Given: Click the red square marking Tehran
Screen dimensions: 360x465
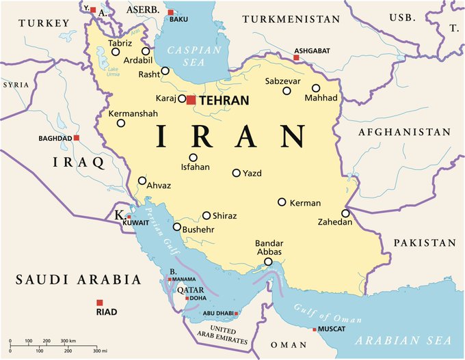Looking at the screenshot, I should tap(191, 100).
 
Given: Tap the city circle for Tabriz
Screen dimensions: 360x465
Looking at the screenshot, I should tap(116, 51).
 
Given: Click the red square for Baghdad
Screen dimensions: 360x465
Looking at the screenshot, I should tap(77, 138).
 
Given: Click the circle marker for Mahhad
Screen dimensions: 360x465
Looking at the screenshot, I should tap(316, 88).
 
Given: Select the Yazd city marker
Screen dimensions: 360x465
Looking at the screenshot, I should tap(237, 173).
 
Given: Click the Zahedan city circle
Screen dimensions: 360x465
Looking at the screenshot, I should tap(346, 213).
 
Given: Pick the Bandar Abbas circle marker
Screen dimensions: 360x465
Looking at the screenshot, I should tap(269, 261).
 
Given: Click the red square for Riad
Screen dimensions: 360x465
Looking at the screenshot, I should tap(100, 303).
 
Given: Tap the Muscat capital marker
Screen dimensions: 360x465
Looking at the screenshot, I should tap(315, 330).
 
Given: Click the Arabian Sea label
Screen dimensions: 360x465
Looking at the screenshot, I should tap(408, 340).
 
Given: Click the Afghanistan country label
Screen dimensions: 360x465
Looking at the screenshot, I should tap(405, 132).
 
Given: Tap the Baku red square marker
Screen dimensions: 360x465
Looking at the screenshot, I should tap(171, 12).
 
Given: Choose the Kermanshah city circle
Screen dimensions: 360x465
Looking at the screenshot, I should tap(121, 123).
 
